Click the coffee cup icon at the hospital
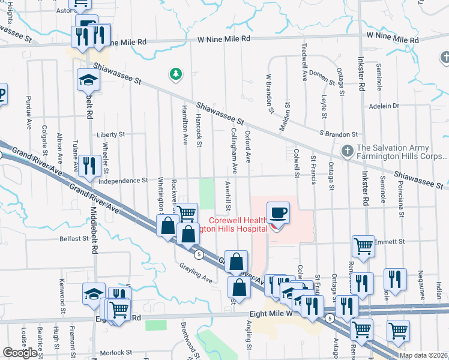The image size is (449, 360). [x=278, y=213]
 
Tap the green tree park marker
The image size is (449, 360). [x=176, y=75]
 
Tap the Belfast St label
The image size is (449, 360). [x=74, y=238]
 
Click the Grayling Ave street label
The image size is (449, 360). [x=195, y=274]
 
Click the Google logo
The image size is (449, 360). [x=20, y=353]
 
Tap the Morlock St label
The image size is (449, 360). [x=116, y=353]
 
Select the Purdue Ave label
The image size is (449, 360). [x=29, y=112]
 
